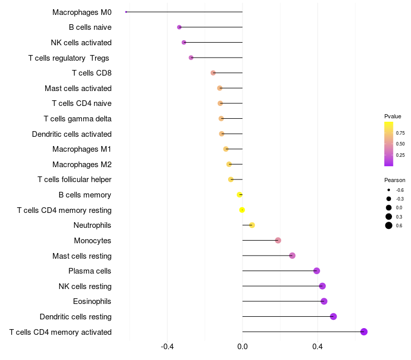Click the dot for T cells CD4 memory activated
(x=364, y=332)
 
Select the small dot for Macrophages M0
(x=126, y=12)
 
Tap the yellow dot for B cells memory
(x=239, y=195)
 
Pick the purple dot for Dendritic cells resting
(x=333, y=316)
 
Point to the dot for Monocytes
(x=278, y=240)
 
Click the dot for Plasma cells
(x=316, y=271)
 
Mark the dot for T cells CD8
(x=213, y=73)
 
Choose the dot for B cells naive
(x=179, y=27)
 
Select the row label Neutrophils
(x=92, y=225)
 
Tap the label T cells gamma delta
(x=78, y=119)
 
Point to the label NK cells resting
(x=85, y=286)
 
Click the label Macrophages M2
(x=82, y=165)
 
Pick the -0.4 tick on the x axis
(x=167, y=347)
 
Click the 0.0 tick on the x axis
(x=242, y=347)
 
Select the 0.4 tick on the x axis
(x=317, y=347)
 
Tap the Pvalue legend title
(x=393, y=116)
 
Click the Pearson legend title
(x=395, y=180)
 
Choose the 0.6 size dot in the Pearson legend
(x=389, y=225)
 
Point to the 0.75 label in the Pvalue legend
(x=400, y=133)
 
